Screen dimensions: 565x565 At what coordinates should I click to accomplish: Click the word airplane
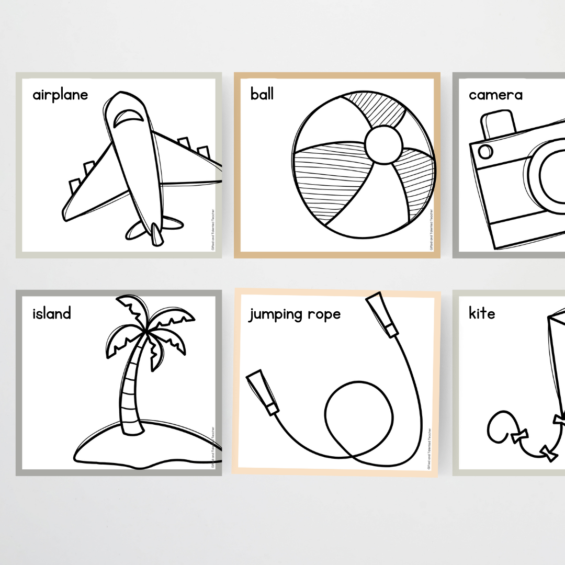click(60, 95)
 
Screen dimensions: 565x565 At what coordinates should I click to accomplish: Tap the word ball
click(262, 95)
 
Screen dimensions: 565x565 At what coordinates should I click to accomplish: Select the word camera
click(495, 95)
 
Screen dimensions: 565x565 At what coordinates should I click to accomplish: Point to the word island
click(51, 313)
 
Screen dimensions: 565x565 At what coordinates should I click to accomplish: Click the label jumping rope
click(294, 314)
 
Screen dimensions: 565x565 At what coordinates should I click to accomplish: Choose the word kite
click(481, 313)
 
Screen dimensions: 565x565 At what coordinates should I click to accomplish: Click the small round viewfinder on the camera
click(486, 151)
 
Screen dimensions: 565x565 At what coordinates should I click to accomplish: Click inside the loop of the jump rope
click(358, 413)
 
